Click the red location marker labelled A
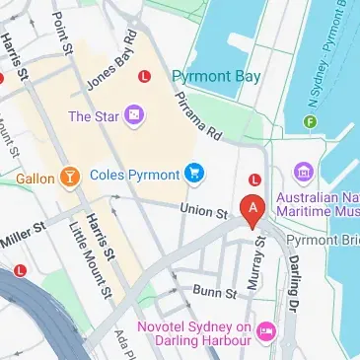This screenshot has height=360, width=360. (x=254, y=209)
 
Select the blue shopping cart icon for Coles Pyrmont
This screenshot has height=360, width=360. (x=195, y=175)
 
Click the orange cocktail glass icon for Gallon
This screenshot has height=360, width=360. (x=69, y=178)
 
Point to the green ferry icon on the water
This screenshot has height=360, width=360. (x=310, y=122)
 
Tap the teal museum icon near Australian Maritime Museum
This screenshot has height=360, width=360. (x=304, y=174)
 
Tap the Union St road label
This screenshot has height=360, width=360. (x=204, y=210)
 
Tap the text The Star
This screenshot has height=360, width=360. (x=93, y=117)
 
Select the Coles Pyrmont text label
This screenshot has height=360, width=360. (x=133, y=176)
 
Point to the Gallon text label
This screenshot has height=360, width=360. (x=35, y=179)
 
